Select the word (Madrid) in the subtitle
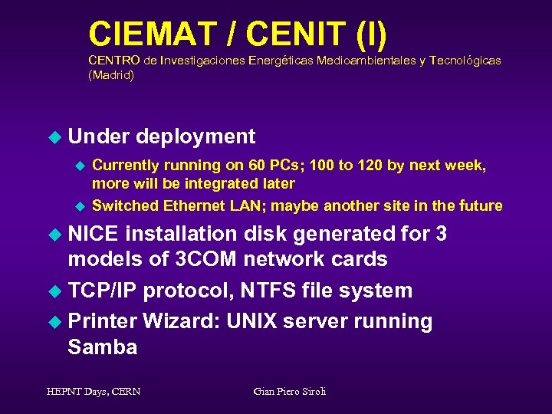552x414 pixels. coord(111,75)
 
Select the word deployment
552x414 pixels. coord(195,136)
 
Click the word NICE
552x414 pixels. coord(94,233)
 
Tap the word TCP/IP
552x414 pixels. coord(102,290)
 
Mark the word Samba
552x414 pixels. coord(103,347)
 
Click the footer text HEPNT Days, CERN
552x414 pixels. coord(93,391)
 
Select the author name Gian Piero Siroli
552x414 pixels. coord(290,391)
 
